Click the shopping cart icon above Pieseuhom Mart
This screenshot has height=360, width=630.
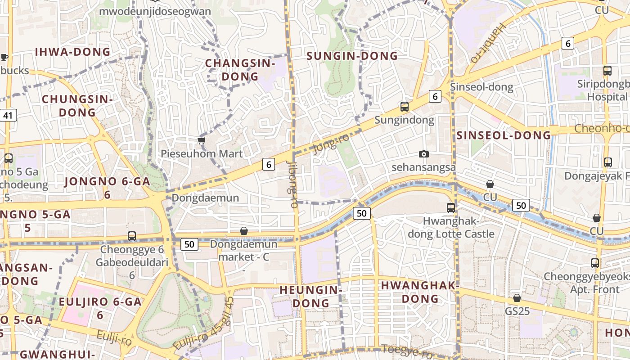tap(201, 141)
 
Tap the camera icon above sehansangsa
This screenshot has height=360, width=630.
tap(423, 154)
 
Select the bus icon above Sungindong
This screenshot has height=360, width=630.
tap(404, 107)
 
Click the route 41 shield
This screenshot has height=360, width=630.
tap(8, 115)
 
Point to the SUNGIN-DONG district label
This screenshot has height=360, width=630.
tap(352, 56)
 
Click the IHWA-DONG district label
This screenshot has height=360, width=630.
tap(72, 52)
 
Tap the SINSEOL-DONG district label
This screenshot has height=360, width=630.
tap(504, 135)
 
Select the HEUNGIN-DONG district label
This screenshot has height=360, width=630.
tap(311, 296)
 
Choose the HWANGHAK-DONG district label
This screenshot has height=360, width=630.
tap(420, 292)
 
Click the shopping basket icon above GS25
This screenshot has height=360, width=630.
tap(517, 298)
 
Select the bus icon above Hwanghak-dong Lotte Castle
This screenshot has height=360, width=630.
tap(450, 207)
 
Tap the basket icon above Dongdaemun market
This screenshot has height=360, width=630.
tap(243, 231)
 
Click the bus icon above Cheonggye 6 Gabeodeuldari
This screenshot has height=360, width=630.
tap(131, 236)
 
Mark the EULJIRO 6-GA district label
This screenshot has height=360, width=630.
tap(100, 308)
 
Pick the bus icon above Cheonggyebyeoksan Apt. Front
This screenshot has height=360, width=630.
tap(594, 263)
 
